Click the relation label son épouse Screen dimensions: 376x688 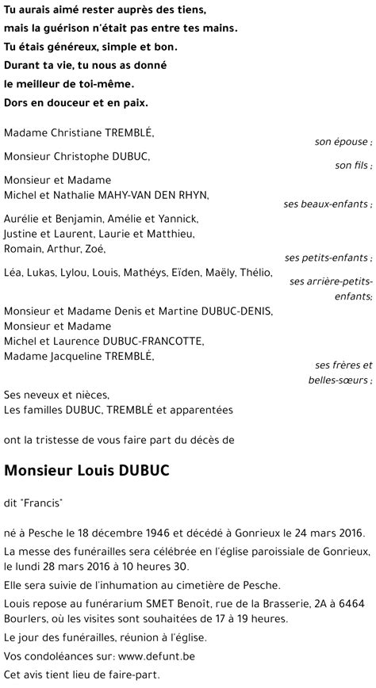click(x=343, y=142)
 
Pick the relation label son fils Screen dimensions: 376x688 click(x=353, y=166)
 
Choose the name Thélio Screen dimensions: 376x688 click(x=253, y=273)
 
